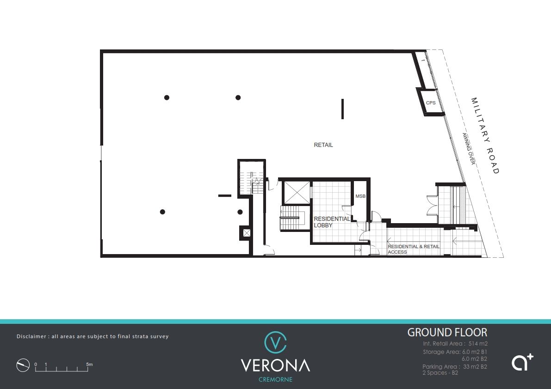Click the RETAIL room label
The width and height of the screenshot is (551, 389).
coord(323,145)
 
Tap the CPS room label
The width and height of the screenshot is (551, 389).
coord(431,103)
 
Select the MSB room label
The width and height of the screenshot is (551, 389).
coord(360,196)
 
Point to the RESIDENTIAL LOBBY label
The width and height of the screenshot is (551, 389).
coord(332,222)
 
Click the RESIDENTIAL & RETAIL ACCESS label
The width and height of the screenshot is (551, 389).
coord(414,249)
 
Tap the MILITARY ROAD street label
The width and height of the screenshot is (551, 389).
coord(485,136)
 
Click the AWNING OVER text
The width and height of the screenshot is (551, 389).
coord(469,149)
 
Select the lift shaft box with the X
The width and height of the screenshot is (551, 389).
coord(297,192)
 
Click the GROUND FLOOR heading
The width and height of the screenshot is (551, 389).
coord(447,332)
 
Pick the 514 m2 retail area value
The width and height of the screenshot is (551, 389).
coord(478,344)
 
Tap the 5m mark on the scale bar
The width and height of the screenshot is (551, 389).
coord(90,365)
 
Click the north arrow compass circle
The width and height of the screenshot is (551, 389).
coord(23,365)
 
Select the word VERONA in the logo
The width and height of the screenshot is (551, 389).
coord(276,365)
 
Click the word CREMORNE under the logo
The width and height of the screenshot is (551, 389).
coord(276,380)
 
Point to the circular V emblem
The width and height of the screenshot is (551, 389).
coord(276,342)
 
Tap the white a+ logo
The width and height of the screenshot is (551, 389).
coord(522,362)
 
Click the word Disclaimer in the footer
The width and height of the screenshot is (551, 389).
coord(31,336)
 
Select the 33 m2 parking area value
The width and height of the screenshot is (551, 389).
coord(471,366)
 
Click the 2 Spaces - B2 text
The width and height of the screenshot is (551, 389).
coord(440,373)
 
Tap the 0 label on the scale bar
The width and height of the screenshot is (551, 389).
coord(36,365)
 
